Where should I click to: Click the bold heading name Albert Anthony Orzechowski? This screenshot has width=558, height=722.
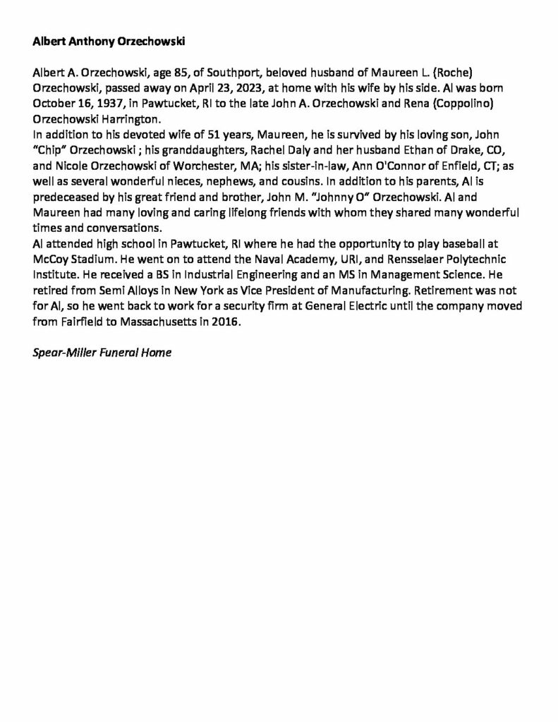(x=109, y=42)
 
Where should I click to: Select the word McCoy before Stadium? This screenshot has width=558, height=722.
(x=50, y=256)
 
